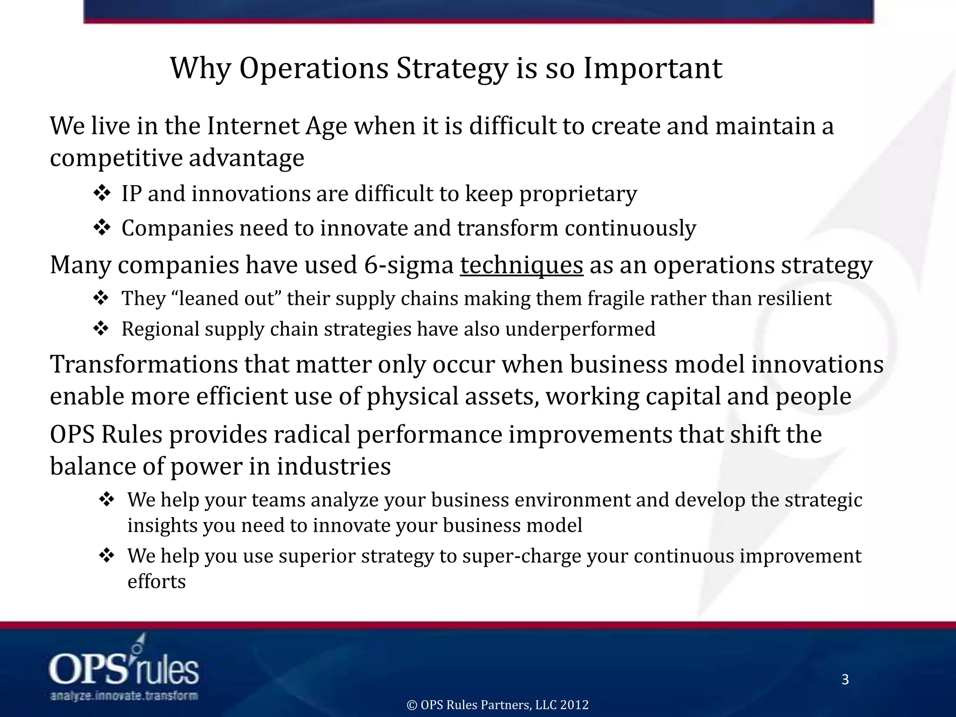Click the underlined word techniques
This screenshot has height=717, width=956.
tap(521, 265)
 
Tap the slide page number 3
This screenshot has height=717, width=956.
tap(845, 679)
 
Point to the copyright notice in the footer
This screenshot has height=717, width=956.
tap(498, 704)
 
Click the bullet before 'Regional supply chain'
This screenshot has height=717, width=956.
tap(101, 329)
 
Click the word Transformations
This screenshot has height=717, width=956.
tap(144, 365)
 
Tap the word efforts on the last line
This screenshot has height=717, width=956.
tap(156, 582)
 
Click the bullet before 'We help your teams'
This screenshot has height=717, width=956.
tap(107, 499)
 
